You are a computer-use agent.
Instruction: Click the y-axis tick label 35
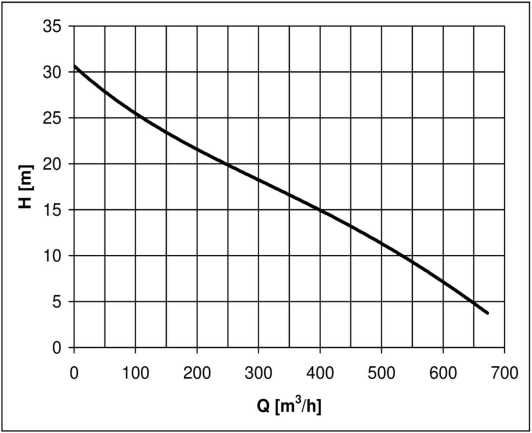click(x=52, y=27)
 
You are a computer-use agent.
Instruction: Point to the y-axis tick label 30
click(x=52, y=72)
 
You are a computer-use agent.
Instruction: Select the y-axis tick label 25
click(x=52, y=118)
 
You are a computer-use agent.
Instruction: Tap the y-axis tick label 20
click(x=52, y=164)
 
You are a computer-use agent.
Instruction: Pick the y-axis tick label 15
click(x=52, y=210)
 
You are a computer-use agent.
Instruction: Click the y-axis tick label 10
click(x=52, y=256)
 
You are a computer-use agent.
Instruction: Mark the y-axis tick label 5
click(x=57, y=302)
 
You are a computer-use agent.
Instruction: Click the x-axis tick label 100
click(x=135, y=373)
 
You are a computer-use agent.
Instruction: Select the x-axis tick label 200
click(x=197, y=373)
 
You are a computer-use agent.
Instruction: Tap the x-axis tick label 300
click(x=258, y=373)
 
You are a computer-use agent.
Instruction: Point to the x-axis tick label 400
click(x=320, y=373)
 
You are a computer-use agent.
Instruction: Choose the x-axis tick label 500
click(x=381, y=373)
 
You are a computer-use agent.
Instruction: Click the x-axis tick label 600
click(x=443, y=373)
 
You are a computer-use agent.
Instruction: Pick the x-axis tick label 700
click(x=504, y=373)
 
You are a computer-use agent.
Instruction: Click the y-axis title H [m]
click(x=26, y=187)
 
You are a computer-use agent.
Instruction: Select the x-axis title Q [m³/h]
click(x=289, y=405)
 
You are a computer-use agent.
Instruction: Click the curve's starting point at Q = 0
click(x=74, y=66)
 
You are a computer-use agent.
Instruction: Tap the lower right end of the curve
click(x=487, y=313)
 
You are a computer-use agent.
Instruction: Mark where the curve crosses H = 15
click(x=320, y=210)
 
